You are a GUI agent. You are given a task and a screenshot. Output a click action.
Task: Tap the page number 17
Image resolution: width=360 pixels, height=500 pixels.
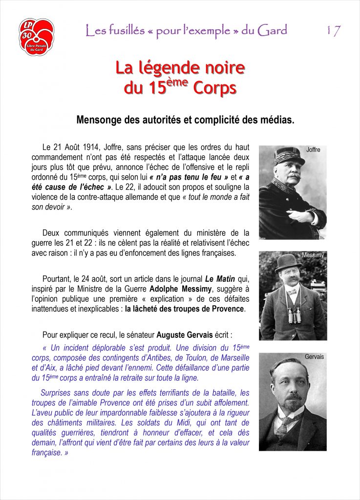pyautogui.click(x=333, y=31)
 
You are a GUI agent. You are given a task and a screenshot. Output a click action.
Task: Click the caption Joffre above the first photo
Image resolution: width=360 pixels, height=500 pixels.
pyautogui.click(x=313, y=150)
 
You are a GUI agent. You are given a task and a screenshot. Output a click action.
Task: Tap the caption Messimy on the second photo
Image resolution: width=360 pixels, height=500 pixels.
pyautogui.click(x=313, y=255)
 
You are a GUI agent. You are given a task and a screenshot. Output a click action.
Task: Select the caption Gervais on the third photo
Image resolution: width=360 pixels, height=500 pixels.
pyautogui.click(x=314, y=357)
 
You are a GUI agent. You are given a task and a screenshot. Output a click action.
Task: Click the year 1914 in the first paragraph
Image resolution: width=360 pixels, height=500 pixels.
pyautogui.click(x=91, y=147)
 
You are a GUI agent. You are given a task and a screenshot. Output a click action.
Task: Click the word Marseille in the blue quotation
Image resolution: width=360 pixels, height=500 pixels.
pyautogui.click(x=233, y=357)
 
